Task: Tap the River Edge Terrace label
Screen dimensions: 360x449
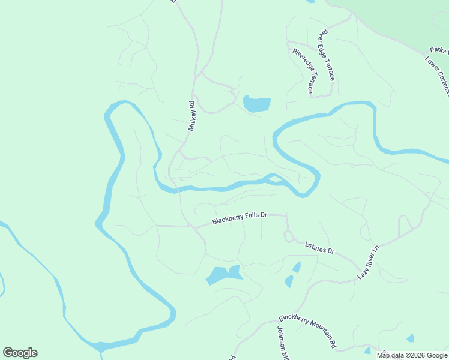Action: tap(327, 55)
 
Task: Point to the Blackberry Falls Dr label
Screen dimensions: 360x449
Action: tap(240, 218)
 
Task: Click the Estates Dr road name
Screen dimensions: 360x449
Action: tap(319, 247)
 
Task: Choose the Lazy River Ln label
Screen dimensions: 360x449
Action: tap(369, 262)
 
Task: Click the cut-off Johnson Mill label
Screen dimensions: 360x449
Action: tap(283, 343)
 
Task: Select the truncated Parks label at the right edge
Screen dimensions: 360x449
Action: tap(439, 51)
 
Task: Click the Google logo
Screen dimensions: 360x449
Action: tap(20, 353)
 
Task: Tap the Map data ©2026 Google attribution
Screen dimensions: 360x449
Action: tap(412, 355)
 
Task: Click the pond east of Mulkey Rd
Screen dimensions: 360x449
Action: tap(256, 104)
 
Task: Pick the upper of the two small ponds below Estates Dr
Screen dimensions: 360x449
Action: tap(296, 267)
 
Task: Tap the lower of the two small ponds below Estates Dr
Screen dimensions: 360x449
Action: tap(289, 281)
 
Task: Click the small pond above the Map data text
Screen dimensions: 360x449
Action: tap(410, 338)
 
